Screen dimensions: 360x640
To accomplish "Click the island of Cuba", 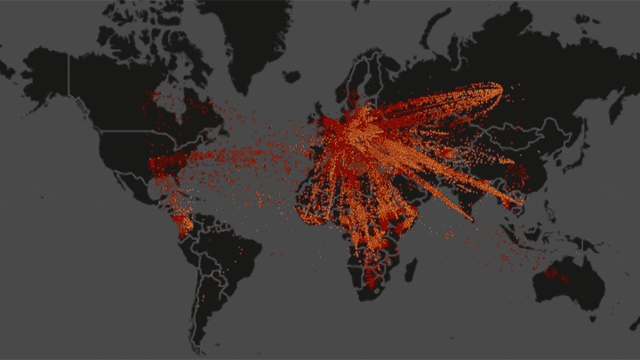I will coord(187,188).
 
